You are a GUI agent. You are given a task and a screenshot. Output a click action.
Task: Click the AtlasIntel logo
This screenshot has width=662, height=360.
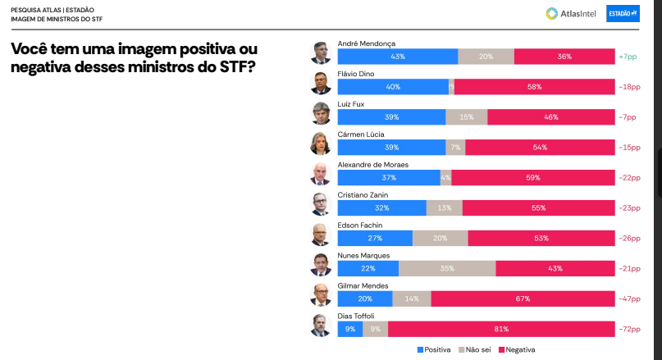pos(571,14)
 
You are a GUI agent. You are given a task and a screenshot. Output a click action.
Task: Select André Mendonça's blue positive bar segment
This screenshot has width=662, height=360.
pos(397,57)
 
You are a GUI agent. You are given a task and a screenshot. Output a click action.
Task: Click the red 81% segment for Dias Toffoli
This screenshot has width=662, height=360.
pos(501,329)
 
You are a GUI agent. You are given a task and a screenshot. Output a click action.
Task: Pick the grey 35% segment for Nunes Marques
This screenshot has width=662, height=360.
pos(447,268)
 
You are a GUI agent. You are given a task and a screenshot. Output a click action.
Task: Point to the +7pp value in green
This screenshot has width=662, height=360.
pos(628,57)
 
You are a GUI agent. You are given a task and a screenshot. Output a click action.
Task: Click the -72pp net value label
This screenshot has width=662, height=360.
pos(630,329)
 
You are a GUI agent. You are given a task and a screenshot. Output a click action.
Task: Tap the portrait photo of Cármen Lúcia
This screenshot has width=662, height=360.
pos(320,144)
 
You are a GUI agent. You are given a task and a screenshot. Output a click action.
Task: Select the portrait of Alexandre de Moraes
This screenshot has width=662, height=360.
pos(320,174)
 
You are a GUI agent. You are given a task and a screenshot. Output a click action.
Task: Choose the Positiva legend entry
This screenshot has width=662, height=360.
pos(436,350)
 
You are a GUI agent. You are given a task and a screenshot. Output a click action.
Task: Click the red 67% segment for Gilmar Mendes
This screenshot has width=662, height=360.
pos(523,298)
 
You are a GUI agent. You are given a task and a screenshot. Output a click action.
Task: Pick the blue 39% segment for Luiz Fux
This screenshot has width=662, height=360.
pos(391,117)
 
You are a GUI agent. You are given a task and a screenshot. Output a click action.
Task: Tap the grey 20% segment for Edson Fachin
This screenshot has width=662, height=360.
pos(440,238)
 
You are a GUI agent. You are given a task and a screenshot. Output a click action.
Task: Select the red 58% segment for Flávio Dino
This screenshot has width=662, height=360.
pos(534,87)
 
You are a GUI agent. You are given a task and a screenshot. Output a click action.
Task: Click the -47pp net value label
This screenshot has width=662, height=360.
pos(630,298)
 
